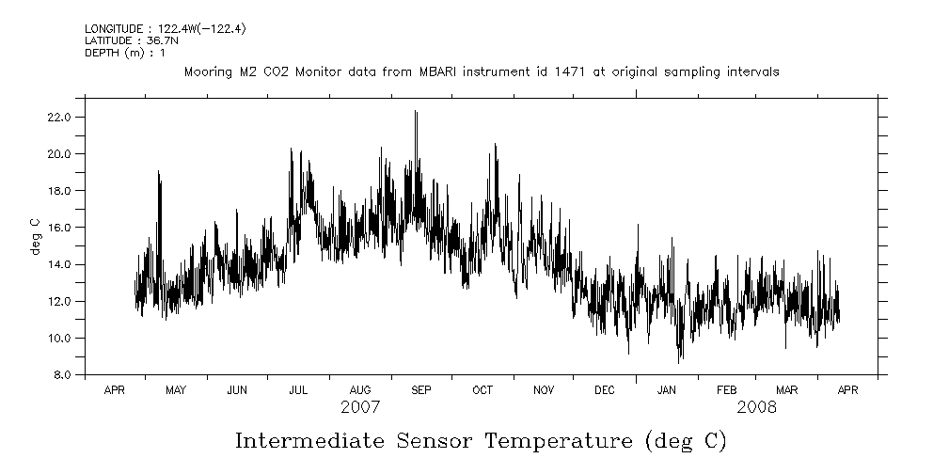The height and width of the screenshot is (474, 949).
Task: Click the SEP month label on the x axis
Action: (x=421, y=390)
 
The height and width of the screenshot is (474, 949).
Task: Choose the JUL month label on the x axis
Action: (x=298, y=390)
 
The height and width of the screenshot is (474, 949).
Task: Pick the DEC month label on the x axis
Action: (x=605, y=390)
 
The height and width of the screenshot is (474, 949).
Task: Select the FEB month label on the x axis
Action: (x=727, y=390)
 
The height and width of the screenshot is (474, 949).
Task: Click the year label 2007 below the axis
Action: (x=360, y=408)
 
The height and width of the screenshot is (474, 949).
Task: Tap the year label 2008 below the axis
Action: (x=757, y=408)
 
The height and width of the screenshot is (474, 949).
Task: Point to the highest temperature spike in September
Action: (x=415, y=112)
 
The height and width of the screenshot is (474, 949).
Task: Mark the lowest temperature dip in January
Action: (x=679, y=361)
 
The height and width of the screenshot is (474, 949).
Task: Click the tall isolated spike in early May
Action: (x=159, y=172)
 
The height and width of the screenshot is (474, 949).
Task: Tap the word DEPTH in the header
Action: (x=101, y=53)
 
